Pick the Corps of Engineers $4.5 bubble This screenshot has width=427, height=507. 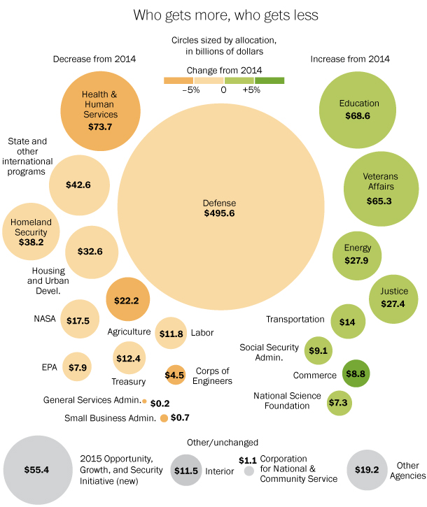(x=174, y=374)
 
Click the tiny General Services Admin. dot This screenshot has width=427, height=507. (x=144, y=402)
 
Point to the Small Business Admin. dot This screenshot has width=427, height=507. (x=164, y=418)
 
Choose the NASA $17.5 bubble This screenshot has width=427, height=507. (x=78, y=320)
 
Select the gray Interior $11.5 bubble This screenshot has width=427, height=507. (x=185, y=471)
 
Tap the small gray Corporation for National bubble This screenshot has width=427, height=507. (x=248, y=472)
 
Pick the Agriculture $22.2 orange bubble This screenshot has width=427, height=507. (x=127, y=300)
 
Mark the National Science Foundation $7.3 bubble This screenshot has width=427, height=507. (x=339, y=402)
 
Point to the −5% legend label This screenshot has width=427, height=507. (x=190, y=90)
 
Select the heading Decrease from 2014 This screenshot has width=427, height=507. (x=94, y=59)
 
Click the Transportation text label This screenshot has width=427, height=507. (x=295, y=320)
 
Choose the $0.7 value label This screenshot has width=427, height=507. (x=181, y=418)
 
